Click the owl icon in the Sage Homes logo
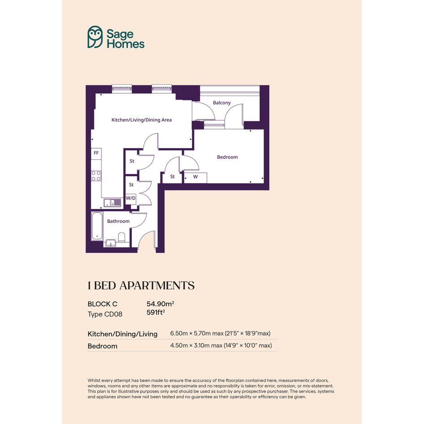click(95, 37)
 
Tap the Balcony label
click(222, 103)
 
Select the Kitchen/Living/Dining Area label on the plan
click(141, 120)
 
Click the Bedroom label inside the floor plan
click(227, 157)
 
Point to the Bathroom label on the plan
click(118, 221)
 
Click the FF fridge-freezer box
click(96, 153)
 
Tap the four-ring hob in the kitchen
click(96, 176)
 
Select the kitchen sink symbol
click(113, 202)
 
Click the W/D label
click(131, 198)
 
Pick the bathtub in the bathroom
click(97, 226)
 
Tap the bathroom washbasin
click(110, 243)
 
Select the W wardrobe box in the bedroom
click(196, 177)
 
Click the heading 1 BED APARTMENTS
click(141, 285)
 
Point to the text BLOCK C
click(102, 304)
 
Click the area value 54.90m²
click(160, 304)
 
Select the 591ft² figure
click(156, 312)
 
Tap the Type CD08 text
click(105, 314)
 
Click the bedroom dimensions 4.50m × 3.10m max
click(196, 345)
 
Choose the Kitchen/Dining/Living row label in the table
click(122, 334)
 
